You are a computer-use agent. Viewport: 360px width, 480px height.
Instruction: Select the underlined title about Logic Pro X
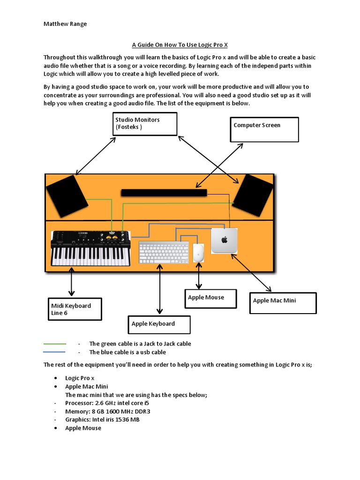point(180,45)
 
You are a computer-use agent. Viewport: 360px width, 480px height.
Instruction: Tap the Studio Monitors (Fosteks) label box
point(145,124)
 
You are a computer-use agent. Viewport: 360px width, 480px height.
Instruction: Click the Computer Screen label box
point(264,129)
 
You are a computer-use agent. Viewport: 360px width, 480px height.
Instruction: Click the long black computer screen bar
point(164,193)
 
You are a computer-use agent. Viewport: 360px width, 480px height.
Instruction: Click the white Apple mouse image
point(199,253)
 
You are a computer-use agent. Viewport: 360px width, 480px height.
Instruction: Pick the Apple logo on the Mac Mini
point(224,240)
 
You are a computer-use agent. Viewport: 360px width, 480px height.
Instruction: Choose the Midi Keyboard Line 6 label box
point(75,309)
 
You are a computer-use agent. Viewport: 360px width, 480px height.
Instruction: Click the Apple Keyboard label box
point(159,324)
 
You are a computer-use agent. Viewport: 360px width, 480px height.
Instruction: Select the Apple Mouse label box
point(211,299)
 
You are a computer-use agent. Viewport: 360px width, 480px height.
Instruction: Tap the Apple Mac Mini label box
point(283,303)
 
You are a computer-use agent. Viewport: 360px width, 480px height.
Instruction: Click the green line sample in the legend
point(54,344)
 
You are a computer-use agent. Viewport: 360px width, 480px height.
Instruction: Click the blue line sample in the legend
point(54,352)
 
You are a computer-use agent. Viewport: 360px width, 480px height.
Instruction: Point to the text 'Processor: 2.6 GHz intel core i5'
point(107,403)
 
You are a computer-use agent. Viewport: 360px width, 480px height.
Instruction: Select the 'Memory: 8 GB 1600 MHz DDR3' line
point(107,411)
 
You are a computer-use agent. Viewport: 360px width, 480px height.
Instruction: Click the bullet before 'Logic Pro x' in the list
point(56,378)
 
